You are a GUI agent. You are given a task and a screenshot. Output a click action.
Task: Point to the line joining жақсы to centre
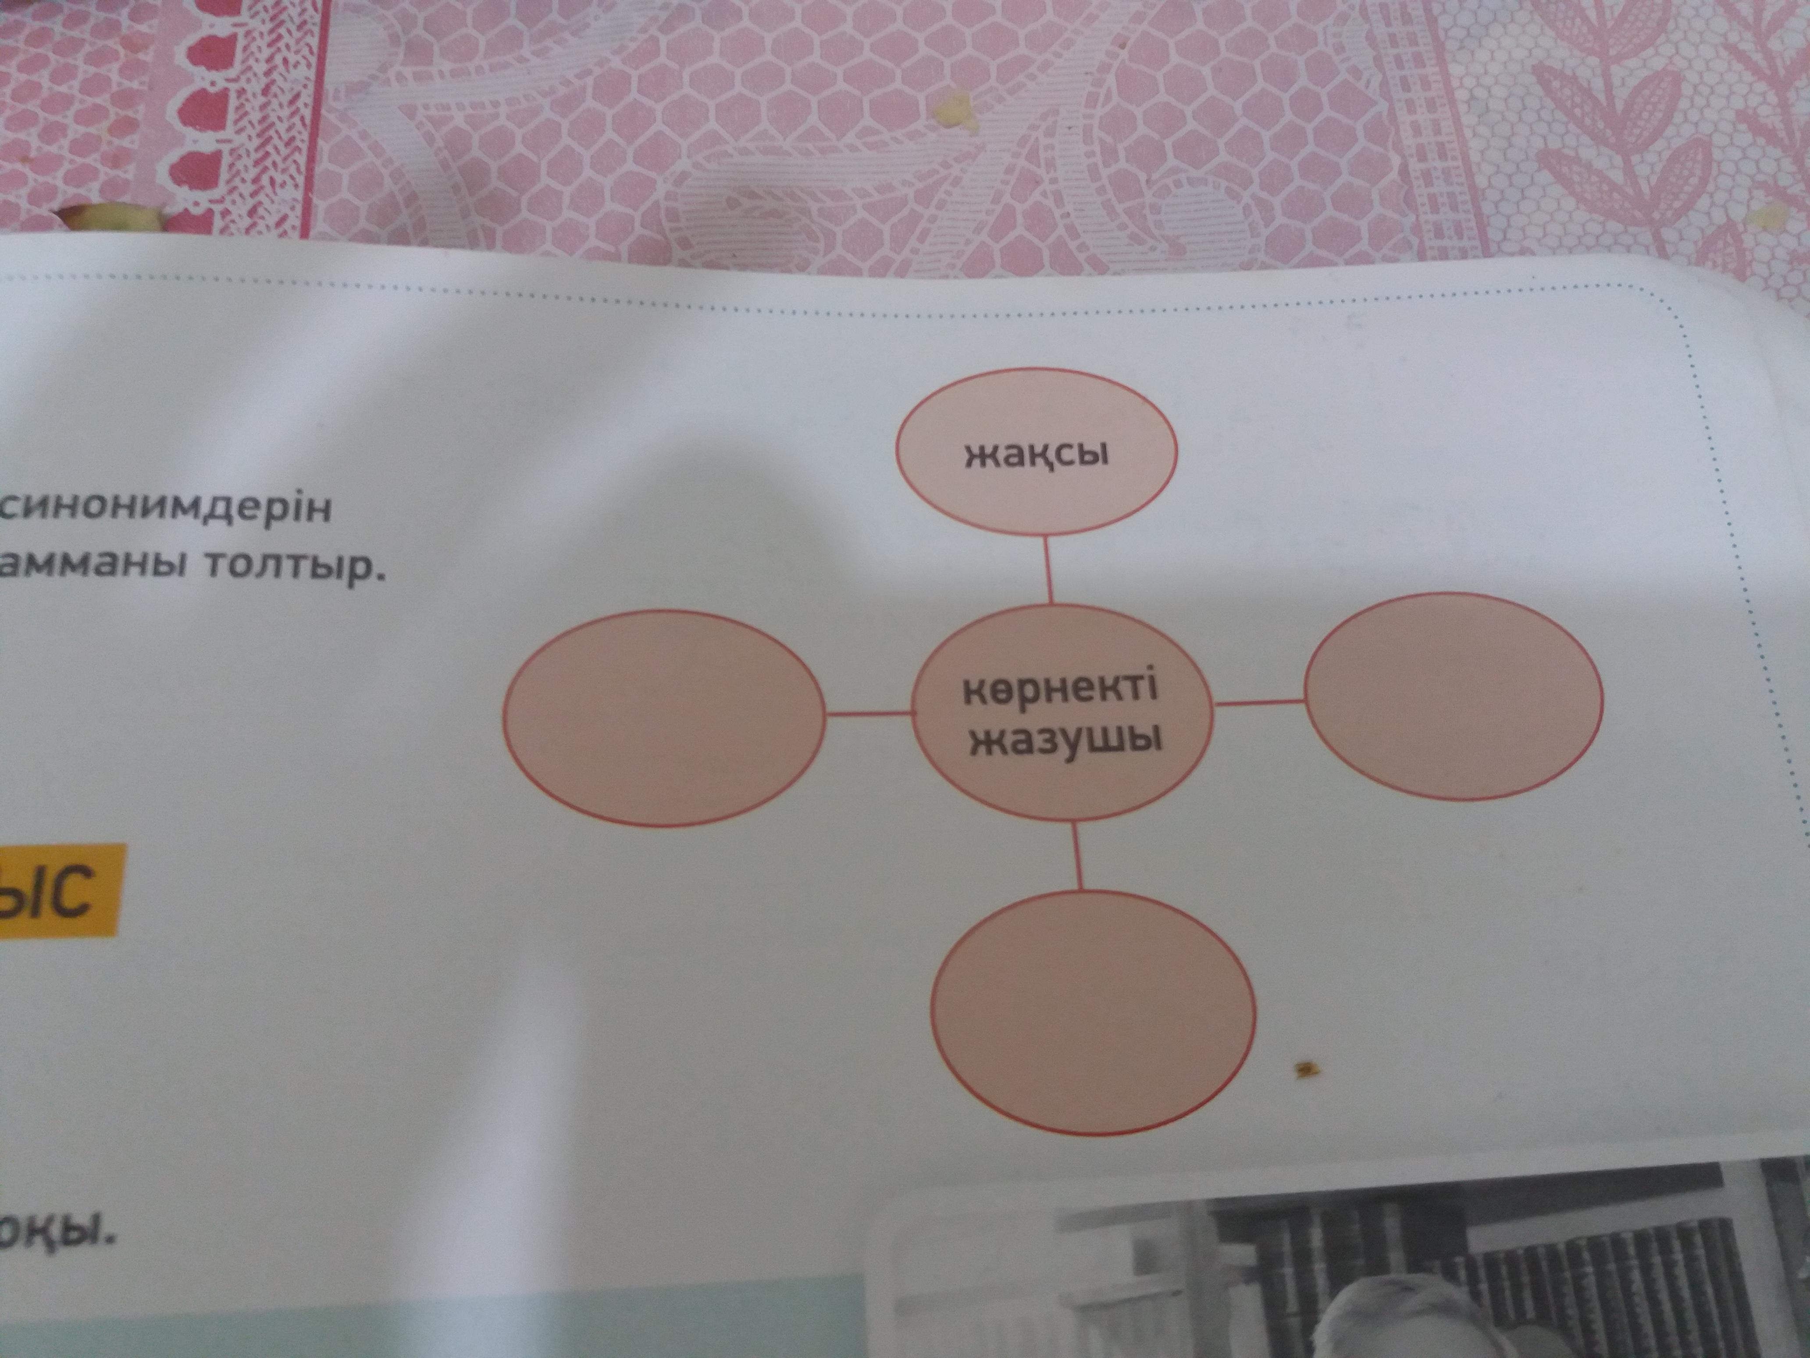click(x=1048, y=571)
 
